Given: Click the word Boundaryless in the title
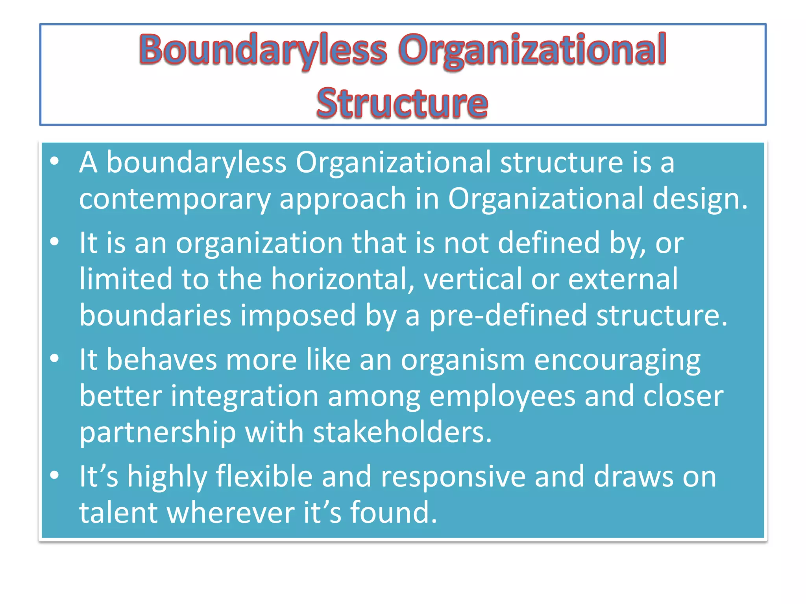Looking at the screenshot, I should point(263,50).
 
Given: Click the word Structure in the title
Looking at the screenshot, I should point(402,103).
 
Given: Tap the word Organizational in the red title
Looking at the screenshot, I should point(532,50).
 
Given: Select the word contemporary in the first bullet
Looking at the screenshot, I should point(174,199).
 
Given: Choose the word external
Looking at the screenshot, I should point(623,279).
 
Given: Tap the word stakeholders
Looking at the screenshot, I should point(402,432).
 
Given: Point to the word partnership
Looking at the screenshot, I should point(157,432).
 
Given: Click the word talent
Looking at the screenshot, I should point(118,513).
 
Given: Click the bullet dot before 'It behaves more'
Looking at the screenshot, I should point(55,358).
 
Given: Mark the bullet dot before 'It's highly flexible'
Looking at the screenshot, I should point(55,475).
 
